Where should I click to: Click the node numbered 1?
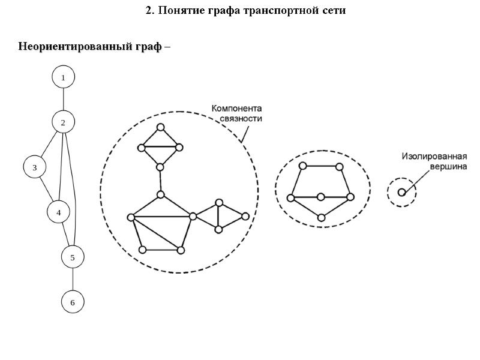click(63, 77)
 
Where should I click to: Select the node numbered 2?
click(63, 122)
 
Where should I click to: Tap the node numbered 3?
click(35, 167)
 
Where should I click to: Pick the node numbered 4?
click(59, 212)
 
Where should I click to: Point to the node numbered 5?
click(73, 257)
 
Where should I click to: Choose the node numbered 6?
click(73, 302)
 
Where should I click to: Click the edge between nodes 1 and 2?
click(63, 100)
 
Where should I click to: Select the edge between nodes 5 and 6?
click(73, 280)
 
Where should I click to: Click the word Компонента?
click(236, 109)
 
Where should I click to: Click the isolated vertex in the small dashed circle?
click(401, 192)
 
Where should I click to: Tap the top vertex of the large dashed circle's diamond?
click(160, 127)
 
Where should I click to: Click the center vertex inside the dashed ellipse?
click(321, 197)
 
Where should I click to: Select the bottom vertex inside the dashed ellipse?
click(322, 218)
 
